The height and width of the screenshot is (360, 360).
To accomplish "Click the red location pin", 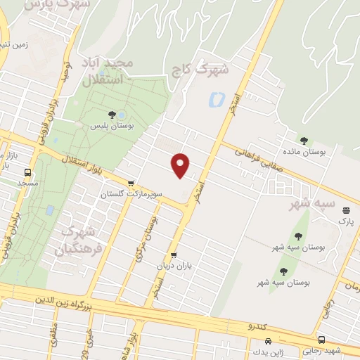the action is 181,165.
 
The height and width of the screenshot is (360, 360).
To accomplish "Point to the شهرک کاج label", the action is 211,70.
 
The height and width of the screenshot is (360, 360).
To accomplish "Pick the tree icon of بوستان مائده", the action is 304,140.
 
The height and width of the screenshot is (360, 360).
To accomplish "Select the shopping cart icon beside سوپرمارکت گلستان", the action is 131,183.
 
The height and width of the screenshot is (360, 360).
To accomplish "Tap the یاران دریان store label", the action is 174,266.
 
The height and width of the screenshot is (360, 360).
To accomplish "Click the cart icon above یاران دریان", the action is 174,255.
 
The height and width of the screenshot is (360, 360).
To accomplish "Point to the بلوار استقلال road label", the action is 84,167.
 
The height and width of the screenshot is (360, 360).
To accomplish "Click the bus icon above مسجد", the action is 28,172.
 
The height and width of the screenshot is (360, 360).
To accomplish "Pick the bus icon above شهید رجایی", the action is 321,340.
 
